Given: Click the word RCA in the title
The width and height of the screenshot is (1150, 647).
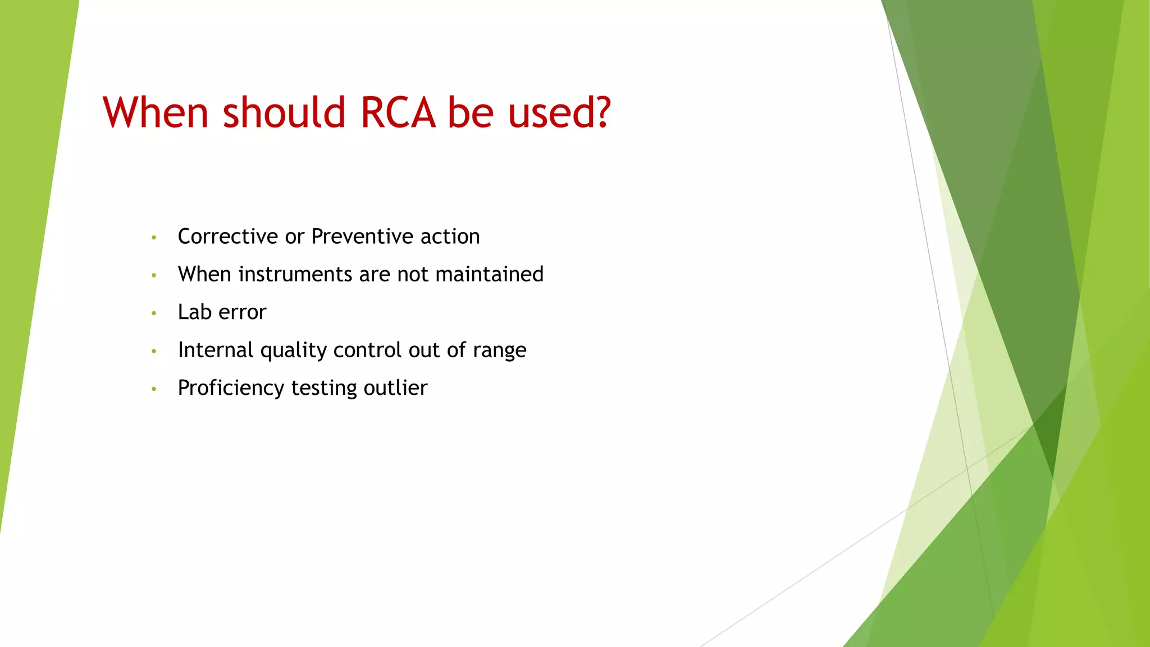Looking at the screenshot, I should point(398,113).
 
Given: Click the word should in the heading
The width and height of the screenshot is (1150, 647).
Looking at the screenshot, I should point(284,113).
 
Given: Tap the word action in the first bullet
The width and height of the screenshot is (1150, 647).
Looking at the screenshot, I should point(450,236).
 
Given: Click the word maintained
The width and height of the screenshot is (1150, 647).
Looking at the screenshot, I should point(489,274).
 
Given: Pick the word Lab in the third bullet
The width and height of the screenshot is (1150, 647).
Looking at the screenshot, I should point(194,312).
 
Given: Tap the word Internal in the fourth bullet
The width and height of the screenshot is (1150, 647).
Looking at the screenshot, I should point(216,350).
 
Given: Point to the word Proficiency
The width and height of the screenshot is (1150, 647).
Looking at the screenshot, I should point(231,388).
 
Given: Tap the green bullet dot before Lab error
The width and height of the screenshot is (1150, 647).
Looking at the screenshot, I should point(154,313).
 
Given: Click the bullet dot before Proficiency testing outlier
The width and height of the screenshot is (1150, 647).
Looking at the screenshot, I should point(154,389).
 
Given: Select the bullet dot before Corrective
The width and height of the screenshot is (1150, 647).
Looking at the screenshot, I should point(154,238).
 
